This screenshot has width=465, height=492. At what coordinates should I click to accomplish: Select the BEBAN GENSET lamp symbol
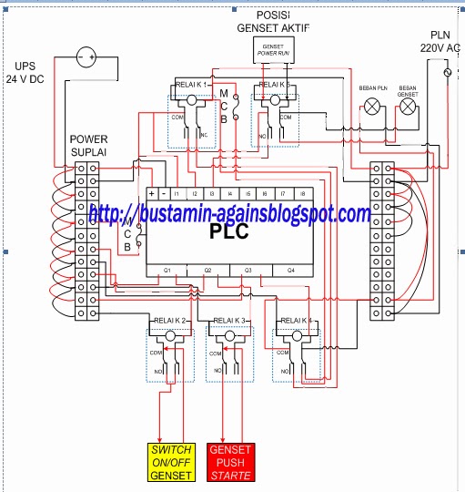pos(409,107)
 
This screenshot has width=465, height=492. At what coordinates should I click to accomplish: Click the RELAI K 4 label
pos(298,321)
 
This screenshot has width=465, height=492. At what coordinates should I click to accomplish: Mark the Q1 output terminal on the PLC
pos(167,271)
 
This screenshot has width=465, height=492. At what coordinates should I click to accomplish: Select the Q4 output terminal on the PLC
pos(291,271)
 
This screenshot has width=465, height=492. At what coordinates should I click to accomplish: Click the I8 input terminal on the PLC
pos(301,194)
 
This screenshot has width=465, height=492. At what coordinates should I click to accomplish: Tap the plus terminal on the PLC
pos(151,194)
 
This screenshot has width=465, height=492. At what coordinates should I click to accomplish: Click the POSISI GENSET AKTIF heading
pos(272,22)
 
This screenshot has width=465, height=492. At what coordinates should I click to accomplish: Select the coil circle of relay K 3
pos(230,336)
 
